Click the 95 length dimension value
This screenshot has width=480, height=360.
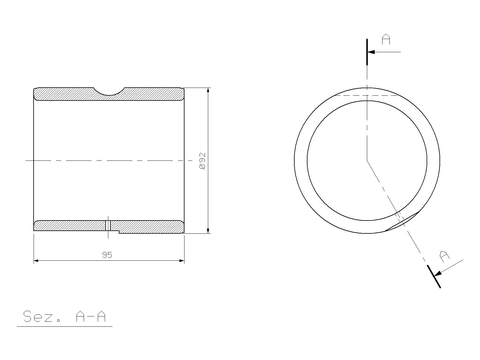107,255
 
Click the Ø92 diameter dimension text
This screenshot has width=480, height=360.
202,161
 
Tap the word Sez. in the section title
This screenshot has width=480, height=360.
41,316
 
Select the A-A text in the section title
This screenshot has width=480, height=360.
91,316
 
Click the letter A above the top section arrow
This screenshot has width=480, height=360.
386,39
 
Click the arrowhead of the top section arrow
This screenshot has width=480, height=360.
371,52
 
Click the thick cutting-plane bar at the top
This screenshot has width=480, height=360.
367,52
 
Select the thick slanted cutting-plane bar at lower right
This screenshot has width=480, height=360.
434,277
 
